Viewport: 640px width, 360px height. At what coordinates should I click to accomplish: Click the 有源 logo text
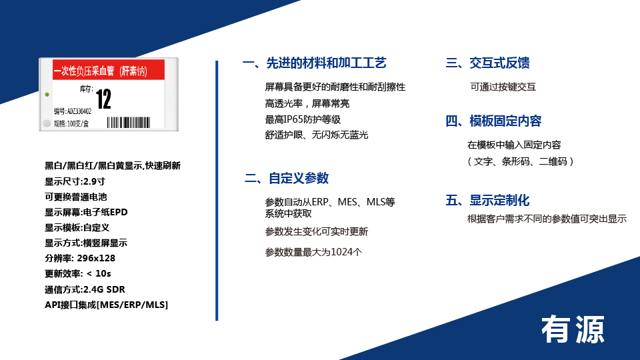tap(573, 329)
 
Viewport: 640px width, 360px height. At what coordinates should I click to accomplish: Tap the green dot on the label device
tap(47, 95)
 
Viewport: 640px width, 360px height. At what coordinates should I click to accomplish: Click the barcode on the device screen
tap(129, 123)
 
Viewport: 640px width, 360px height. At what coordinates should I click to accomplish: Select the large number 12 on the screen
tap(103, 99)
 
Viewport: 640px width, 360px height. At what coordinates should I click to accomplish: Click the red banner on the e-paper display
tap(109, 70)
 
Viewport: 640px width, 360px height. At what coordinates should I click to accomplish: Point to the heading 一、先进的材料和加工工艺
tap(314, 63)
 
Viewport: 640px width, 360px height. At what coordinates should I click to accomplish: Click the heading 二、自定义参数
tap(287, 179)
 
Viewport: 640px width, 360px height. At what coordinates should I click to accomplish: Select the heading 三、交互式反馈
tap(487, 63)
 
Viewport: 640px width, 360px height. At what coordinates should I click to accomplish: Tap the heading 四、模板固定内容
tap(493, 121)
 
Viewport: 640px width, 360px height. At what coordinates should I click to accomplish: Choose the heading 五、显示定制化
tap(487, 201)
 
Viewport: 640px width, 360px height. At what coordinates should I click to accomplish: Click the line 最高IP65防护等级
tap(303, 119)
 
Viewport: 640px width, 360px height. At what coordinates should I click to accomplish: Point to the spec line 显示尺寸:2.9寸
tap(75, 181)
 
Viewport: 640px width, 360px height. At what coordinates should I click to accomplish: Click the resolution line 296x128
tap(80, 259)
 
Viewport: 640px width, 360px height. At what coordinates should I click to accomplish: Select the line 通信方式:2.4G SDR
tap(85, 289)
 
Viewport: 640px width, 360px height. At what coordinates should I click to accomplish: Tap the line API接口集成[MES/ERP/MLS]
tap(106, 305)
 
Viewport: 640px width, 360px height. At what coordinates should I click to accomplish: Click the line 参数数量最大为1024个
tap(313, 252)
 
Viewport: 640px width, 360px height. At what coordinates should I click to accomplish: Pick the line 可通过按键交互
tap(503, 87)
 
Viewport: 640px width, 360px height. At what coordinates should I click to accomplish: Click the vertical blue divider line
tap(217, 191)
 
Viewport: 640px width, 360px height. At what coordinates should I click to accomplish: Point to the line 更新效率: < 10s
tap(77, 273)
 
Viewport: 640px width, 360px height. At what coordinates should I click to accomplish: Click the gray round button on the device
tap(47, 123)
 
